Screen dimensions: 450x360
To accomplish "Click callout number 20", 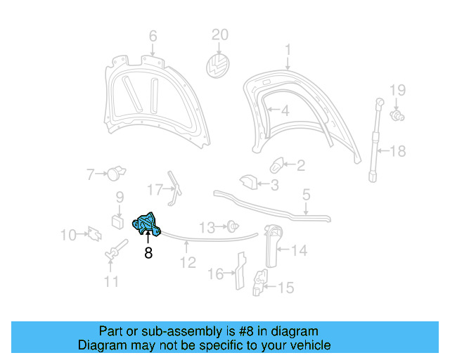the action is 220,34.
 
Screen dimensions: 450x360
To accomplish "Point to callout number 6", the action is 153,37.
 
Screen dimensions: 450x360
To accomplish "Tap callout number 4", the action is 285,111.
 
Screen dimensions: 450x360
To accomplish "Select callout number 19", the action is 398,89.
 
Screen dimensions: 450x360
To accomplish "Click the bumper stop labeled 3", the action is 248,182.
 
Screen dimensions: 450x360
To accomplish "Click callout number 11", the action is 111,283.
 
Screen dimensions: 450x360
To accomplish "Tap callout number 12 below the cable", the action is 187,264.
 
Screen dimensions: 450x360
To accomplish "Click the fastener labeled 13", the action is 231,226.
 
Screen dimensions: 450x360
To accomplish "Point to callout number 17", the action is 155,188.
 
